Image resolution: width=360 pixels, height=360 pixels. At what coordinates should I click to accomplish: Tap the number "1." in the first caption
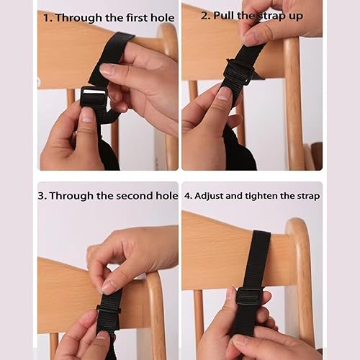point(48,17)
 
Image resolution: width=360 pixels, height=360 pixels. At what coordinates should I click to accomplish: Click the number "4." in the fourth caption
point(189,196)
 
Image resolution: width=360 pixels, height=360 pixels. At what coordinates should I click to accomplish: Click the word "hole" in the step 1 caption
point(161,17)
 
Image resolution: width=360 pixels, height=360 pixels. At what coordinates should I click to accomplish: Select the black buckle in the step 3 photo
point(109,310)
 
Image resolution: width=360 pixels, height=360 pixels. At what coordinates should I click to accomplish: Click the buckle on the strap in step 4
point(249,295)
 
